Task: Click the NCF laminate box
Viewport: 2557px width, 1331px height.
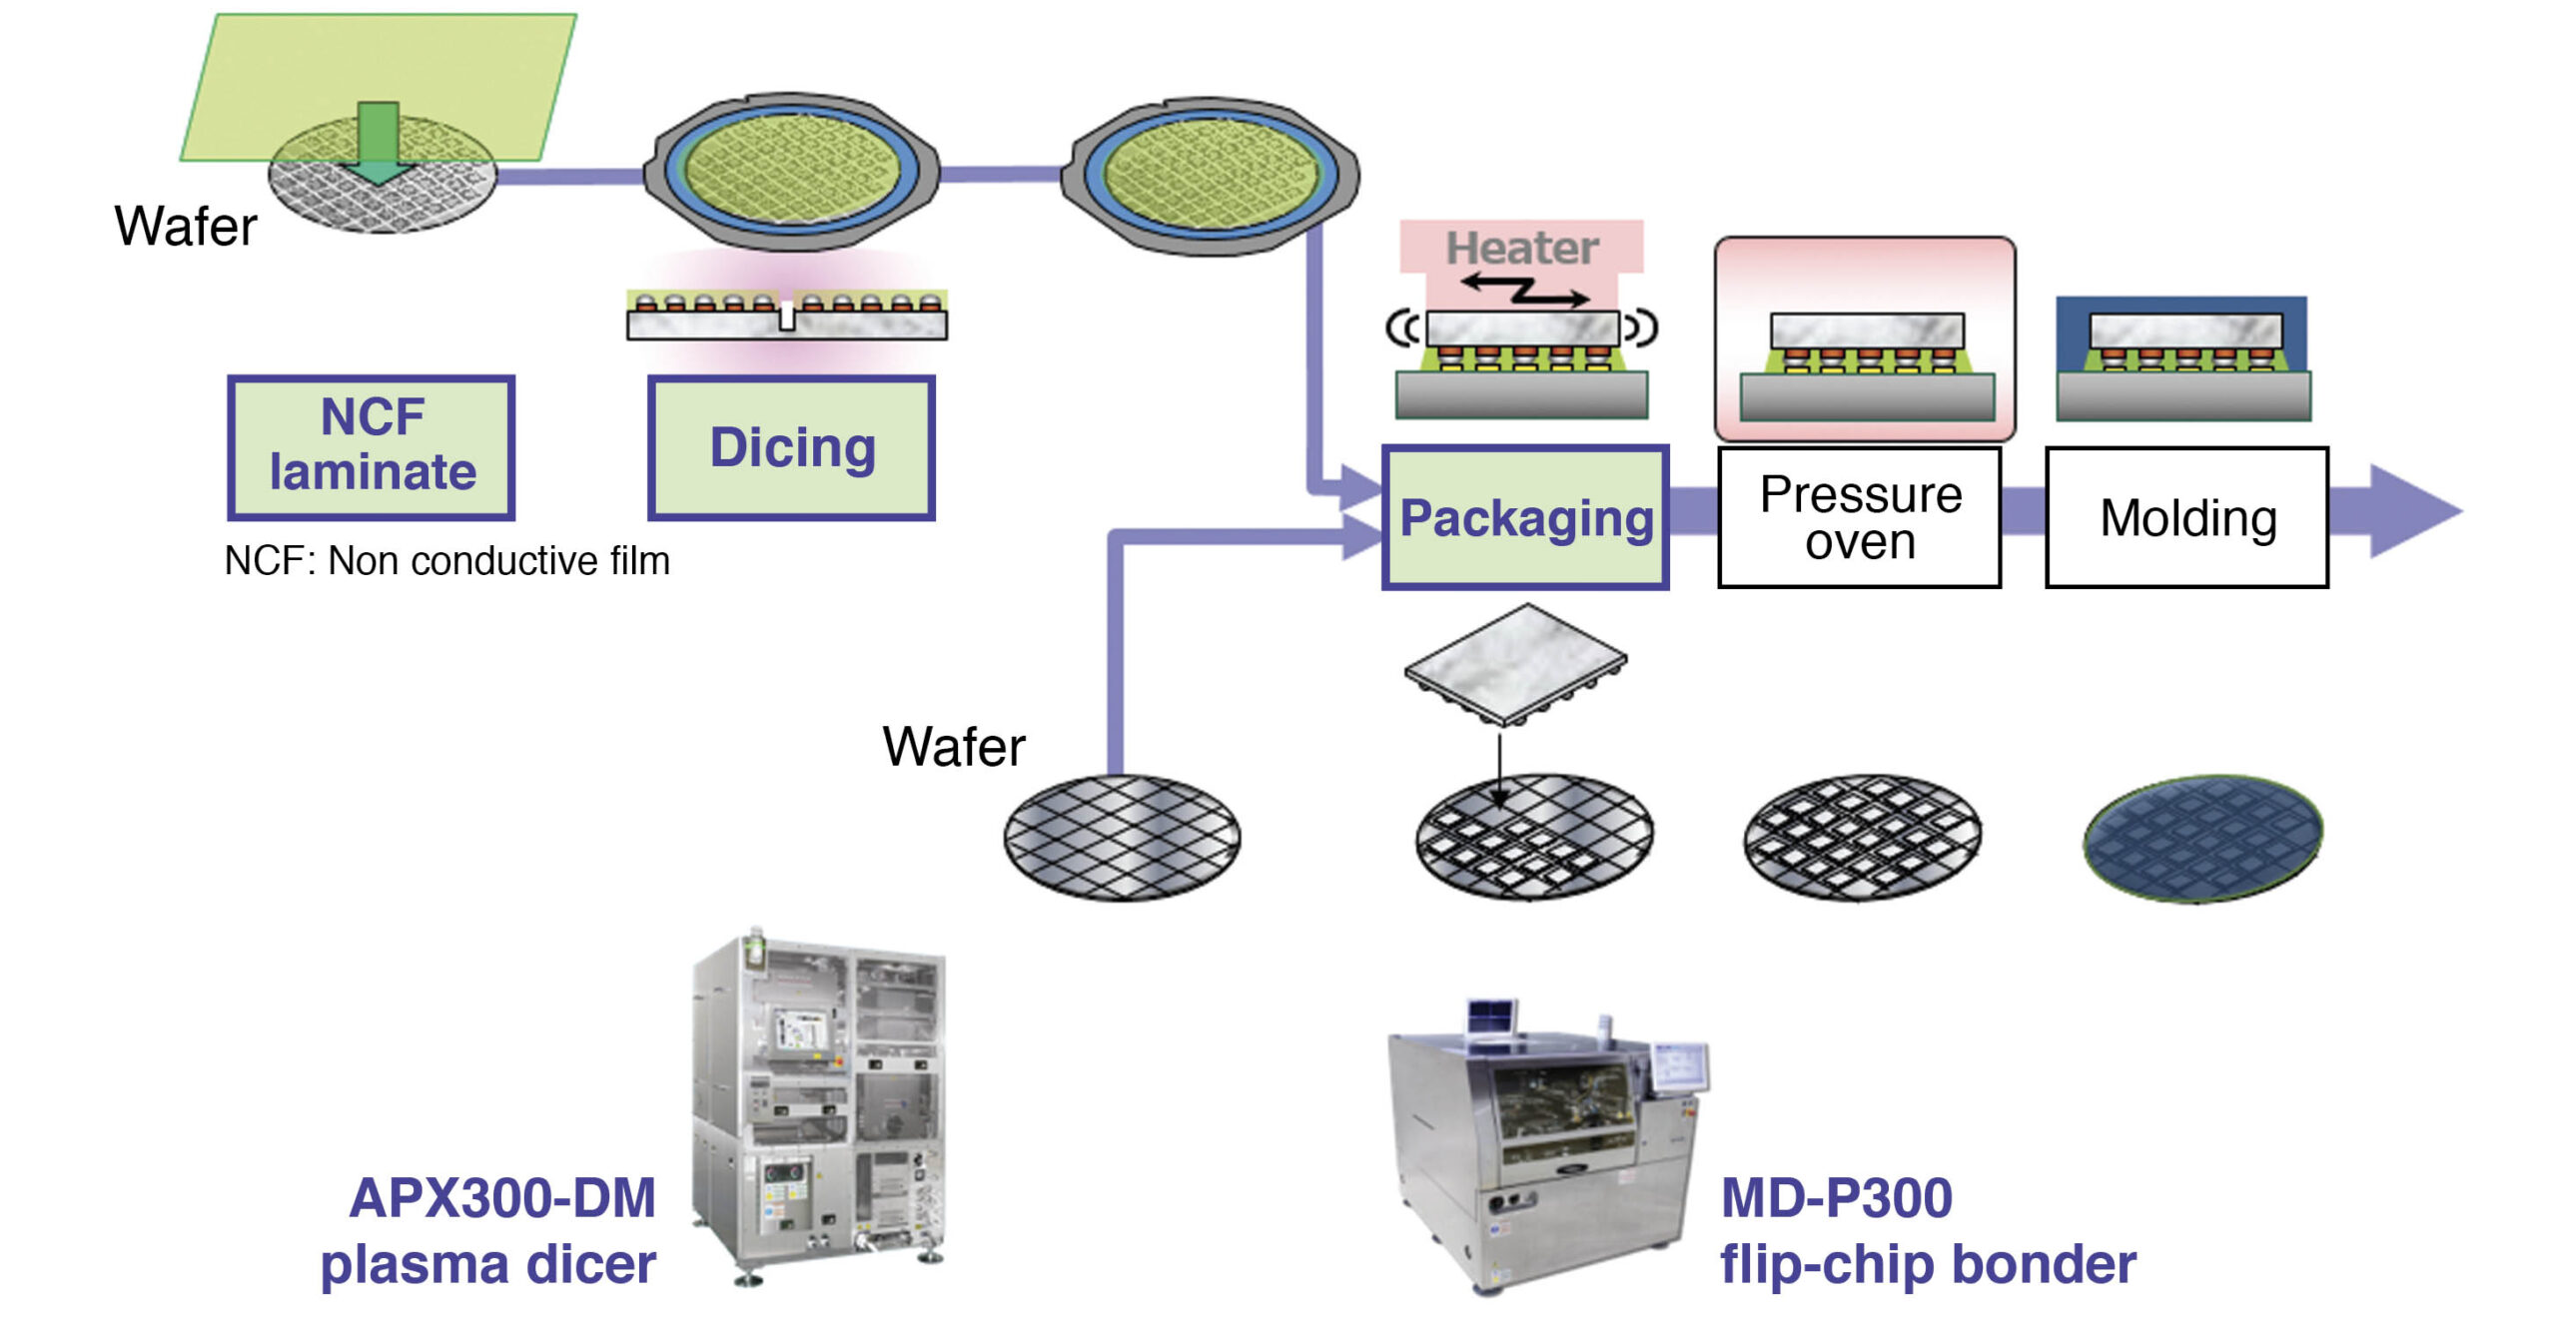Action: click(371, 446)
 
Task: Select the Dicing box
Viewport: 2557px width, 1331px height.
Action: click(791, 447)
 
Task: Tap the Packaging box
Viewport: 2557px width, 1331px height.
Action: click(1525, 517)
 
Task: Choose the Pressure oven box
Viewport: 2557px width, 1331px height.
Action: click(1859, 517)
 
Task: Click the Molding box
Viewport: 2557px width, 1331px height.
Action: click(2186, 517)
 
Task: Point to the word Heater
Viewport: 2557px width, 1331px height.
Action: click(1521, 248)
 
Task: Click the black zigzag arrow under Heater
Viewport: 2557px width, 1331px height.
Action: click(1524, 291)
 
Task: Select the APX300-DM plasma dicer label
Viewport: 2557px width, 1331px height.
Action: click(489, 1230)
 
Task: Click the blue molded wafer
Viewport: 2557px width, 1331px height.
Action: click(2202, 838)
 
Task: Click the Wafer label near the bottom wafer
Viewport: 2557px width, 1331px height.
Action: click(953, 746)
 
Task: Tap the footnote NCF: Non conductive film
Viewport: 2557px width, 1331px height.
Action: click(446, 560)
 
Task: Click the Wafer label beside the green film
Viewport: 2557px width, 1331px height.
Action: click(186, 226)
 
